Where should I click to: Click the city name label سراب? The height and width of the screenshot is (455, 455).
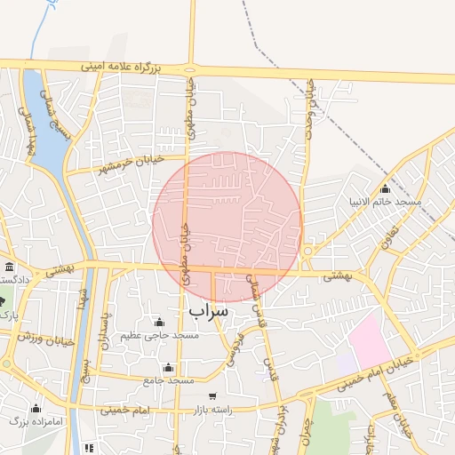209,312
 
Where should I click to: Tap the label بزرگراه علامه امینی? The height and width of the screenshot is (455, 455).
123,67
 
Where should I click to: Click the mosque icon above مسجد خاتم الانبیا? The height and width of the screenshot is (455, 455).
385,189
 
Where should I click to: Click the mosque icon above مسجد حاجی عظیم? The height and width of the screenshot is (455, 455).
159,322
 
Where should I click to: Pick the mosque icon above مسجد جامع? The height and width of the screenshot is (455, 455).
168,368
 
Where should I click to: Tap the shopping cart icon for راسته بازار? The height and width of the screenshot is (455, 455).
212,396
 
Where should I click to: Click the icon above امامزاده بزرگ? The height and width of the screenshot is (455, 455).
36,408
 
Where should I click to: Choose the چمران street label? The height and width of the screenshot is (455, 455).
307,435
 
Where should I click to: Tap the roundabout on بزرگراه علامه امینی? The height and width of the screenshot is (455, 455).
191,69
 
